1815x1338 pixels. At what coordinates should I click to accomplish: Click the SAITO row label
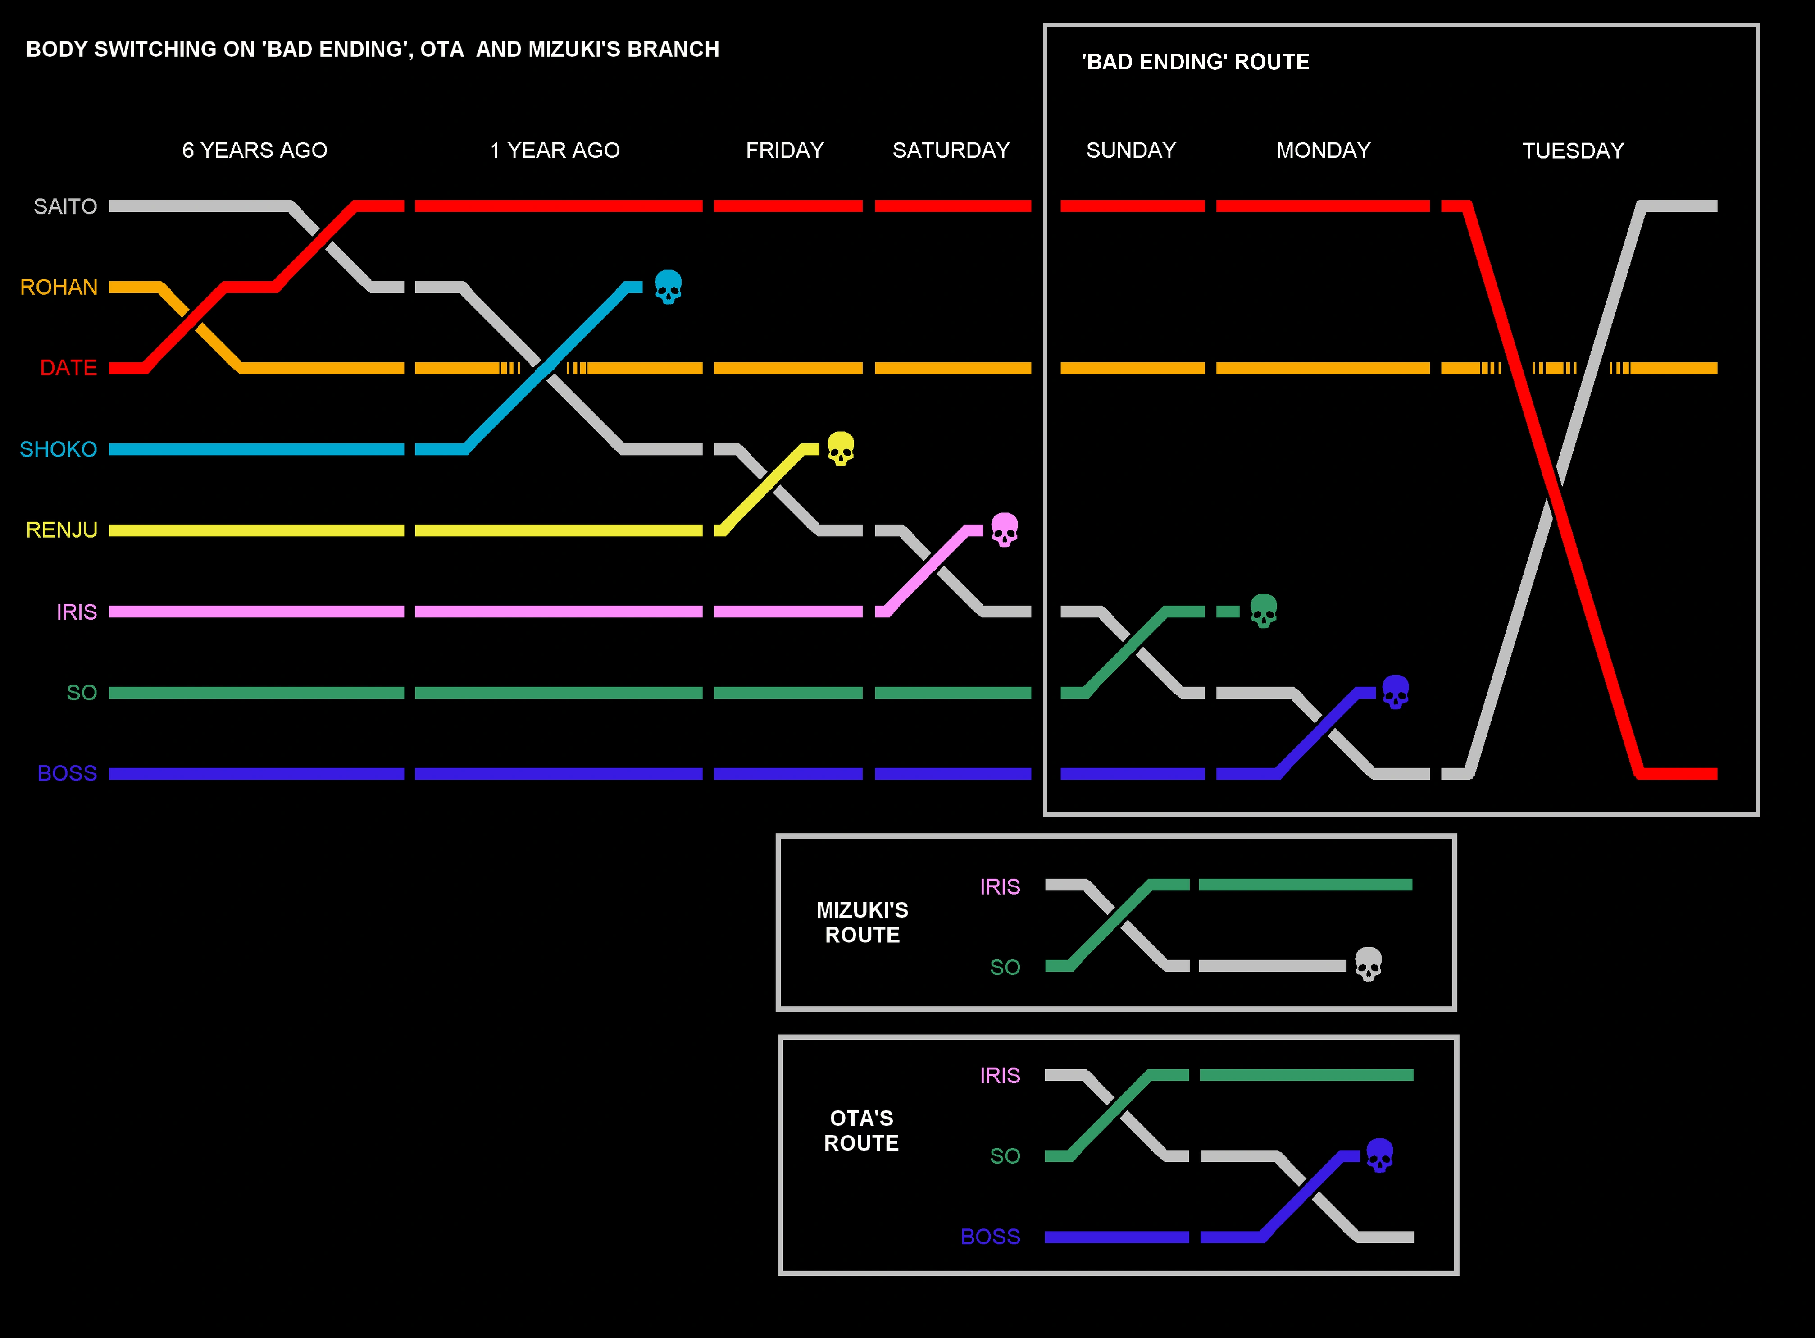(65, 206)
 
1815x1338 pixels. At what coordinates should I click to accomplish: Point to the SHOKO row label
(58, 449)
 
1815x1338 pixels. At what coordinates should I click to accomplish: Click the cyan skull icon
(668, 287)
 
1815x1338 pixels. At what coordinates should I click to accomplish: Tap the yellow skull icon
(840, 449)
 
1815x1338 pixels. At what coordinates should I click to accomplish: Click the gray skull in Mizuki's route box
(1368, 964)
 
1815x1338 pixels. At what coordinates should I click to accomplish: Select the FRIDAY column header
(784, 151)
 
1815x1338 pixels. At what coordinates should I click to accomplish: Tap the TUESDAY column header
(1573, 151)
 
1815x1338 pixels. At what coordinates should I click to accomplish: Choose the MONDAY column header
(1323, 151)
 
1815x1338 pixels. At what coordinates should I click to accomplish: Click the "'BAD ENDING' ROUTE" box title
(1195, 62)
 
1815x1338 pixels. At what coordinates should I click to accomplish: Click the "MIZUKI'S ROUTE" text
(862, 922)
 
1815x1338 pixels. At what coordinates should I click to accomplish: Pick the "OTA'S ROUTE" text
(861, 1131)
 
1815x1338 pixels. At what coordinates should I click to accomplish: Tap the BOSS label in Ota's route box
(990, 1237)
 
